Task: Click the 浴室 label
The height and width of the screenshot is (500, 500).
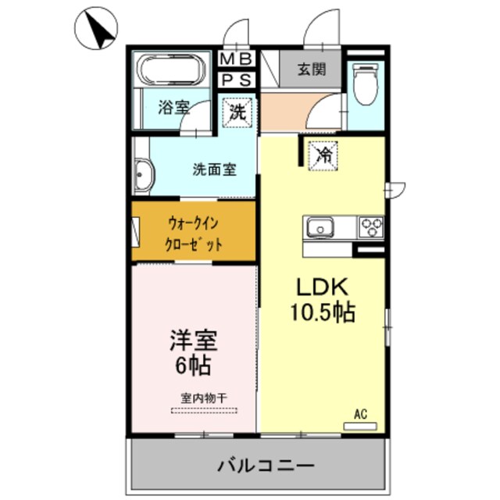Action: tap(173, 108)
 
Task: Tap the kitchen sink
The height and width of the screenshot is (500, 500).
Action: tap(320, 228)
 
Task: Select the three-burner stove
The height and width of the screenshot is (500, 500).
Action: tap(370, 227)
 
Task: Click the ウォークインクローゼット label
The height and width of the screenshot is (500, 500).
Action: tap(195, 232)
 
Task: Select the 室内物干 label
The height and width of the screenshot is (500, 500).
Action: tap(204, 398)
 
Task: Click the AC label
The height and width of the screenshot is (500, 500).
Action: tap(360, 414)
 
